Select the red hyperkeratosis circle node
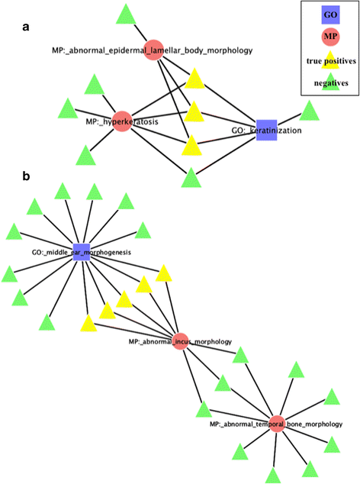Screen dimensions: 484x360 (x=122, y=121)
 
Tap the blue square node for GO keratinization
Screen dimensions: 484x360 (x=266, y=130)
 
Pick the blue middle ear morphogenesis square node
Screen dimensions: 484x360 (x=82, y=251)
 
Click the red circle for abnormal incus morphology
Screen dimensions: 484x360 (x=181, y=341)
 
